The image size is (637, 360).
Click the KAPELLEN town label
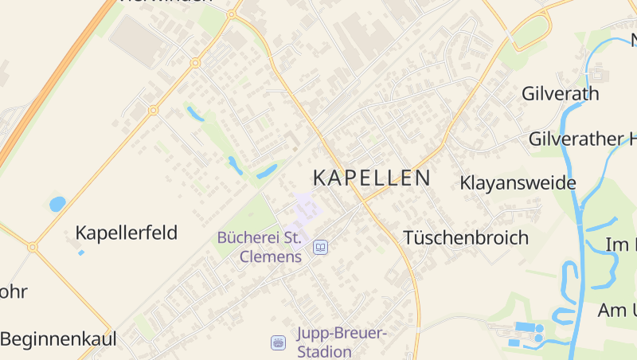[x=372, y=178]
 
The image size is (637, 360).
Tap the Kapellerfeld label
[x=126, y=233]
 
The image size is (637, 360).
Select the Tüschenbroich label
[x=466, y=237]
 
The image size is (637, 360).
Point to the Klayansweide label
[x=518, y=183]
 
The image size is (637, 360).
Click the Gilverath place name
[x=560, y=94]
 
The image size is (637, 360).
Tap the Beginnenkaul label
[x=58, y=339]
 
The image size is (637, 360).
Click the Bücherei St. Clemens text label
[x=259, y=247]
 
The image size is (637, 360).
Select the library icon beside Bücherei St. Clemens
[x=320, y=248]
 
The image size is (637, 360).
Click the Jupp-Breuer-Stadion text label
[x=341, y=342]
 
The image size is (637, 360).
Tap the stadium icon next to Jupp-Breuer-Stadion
[x=278, y=342]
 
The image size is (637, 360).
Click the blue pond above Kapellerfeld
[x=57, y=204]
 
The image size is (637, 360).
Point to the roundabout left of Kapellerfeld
[x=33, y=248]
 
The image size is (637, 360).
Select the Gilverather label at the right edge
[x=581, y=139]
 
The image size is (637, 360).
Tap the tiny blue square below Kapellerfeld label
[x=81, y=252]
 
